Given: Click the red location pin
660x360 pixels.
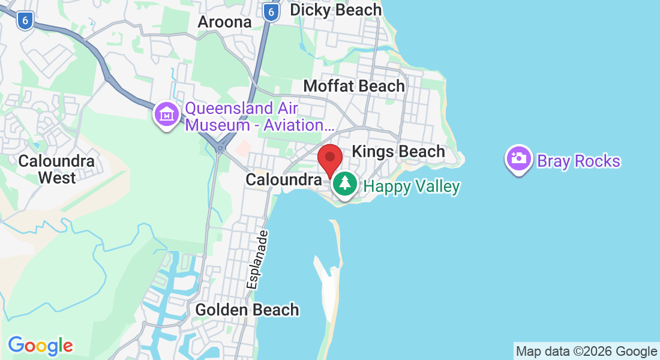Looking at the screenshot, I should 329,158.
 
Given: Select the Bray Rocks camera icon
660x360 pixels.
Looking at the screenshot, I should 518,159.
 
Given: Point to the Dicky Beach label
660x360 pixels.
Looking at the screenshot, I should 335,10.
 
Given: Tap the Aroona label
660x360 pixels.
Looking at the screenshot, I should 225,22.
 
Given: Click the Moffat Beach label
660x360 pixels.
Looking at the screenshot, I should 354,86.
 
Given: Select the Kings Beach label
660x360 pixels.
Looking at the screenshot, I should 398,151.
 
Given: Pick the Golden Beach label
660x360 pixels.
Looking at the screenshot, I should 247,310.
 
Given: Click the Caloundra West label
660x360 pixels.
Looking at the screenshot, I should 56,169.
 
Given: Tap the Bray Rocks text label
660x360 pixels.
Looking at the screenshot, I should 578,161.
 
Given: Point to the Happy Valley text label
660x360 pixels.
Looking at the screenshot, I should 412,187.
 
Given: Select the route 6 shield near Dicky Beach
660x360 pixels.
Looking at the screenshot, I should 272,12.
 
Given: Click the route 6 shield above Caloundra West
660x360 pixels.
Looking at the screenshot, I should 25,21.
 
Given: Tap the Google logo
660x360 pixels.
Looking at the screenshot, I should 40,346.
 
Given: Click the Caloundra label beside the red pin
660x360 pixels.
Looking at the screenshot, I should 283,179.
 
